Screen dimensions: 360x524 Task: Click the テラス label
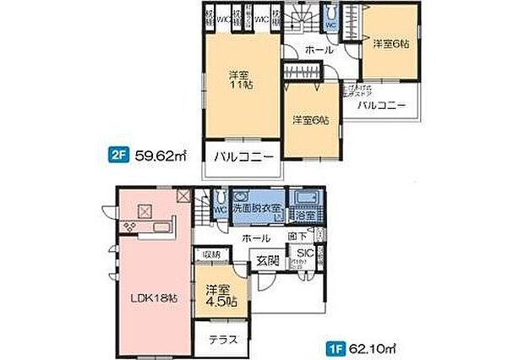click(221, 340)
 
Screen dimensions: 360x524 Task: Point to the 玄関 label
click(268, 260)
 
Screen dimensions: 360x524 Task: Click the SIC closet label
click(303, 253)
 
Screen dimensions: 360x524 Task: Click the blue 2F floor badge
click(117, 155)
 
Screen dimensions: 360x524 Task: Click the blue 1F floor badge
click(334, 346)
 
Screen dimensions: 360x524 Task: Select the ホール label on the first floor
click(256, 239)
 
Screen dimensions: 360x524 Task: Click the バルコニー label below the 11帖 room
click(242, 157)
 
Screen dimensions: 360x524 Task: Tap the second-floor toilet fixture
click(331, 21)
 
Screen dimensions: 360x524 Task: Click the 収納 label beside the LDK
click(210, 254)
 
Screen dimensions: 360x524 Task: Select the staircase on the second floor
click(302, 20)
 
